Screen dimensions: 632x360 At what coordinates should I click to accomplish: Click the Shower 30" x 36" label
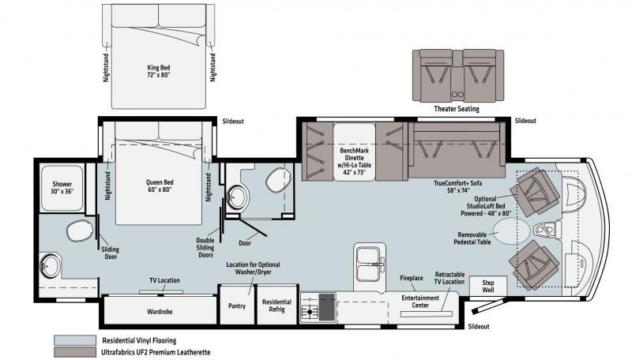pyautogui.click(x=62, y=188)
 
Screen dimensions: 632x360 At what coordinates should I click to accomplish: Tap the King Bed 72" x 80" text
pyautogui.click(x=159, y=71)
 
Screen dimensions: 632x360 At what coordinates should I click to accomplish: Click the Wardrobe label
pyautogui.click(x=160, y=312)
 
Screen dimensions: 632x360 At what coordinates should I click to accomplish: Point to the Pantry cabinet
pyautogui.click(x=237, y=305)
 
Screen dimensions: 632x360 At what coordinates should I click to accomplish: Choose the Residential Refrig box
pyautogui.click(x=277, y=305)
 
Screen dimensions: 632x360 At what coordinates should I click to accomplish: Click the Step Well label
pyautogui.click(x=487, y=286)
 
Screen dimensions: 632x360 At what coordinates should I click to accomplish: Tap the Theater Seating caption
pyautogui.click(x=457, y=109)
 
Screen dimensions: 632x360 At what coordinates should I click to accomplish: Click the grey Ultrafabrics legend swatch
pyautogui.click(x=75, y=352)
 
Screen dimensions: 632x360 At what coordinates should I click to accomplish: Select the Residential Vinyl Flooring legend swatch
pyautogui.click(x=75, y=340)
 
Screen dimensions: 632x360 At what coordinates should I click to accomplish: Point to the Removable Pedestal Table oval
pyautogui.click(x=511, y=231)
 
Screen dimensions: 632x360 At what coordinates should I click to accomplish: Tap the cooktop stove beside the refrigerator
pyautogui.click(x=318, y=307)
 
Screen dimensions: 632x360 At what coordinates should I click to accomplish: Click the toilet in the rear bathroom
pyautogui.click(x=80, y=231)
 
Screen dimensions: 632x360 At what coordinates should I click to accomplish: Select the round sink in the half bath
pyautogui.click(x=238, y=197)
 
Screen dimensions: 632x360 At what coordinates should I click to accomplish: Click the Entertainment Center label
pyautogui.click(x=420, y=302)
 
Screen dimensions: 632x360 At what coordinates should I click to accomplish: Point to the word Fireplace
pyautogui.click(x=412, y=278)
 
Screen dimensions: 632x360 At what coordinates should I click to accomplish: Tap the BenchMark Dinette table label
pyautogui.click(x=355, y=162)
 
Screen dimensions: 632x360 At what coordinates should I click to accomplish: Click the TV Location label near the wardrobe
pyautogui.click(x=164, y=280)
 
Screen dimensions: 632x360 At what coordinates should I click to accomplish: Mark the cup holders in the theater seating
pyautogui.click(x=457, y=94)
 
